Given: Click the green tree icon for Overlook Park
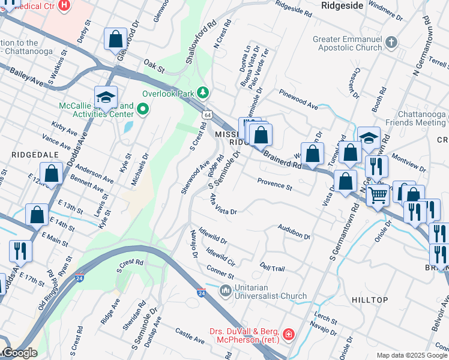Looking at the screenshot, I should click(203, 92).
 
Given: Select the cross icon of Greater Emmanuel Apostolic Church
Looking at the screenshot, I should click(391, 42).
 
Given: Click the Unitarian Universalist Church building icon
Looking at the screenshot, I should click(226, 290).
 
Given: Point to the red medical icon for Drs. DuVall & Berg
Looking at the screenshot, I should click(289, 333).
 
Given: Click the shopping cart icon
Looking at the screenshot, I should click(377, 194).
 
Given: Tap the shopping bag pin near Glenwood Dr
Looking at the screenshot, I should click(115, 40).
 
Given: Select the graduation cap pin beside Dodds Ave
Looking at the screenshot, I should click(105, 97).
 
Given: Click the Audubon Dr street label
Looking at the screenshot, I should click(294, 232).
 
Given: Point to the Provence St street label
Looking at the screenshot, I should click(274, 184).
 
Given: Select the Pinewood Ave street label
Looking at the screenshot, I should click(298, 99).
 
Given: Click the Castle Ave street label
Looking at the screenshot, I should click(190, 335).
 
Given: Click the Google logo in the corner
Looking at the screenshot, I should click(19, 353).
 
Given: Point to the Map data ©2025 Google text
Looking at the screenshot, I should click(412, 355).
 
